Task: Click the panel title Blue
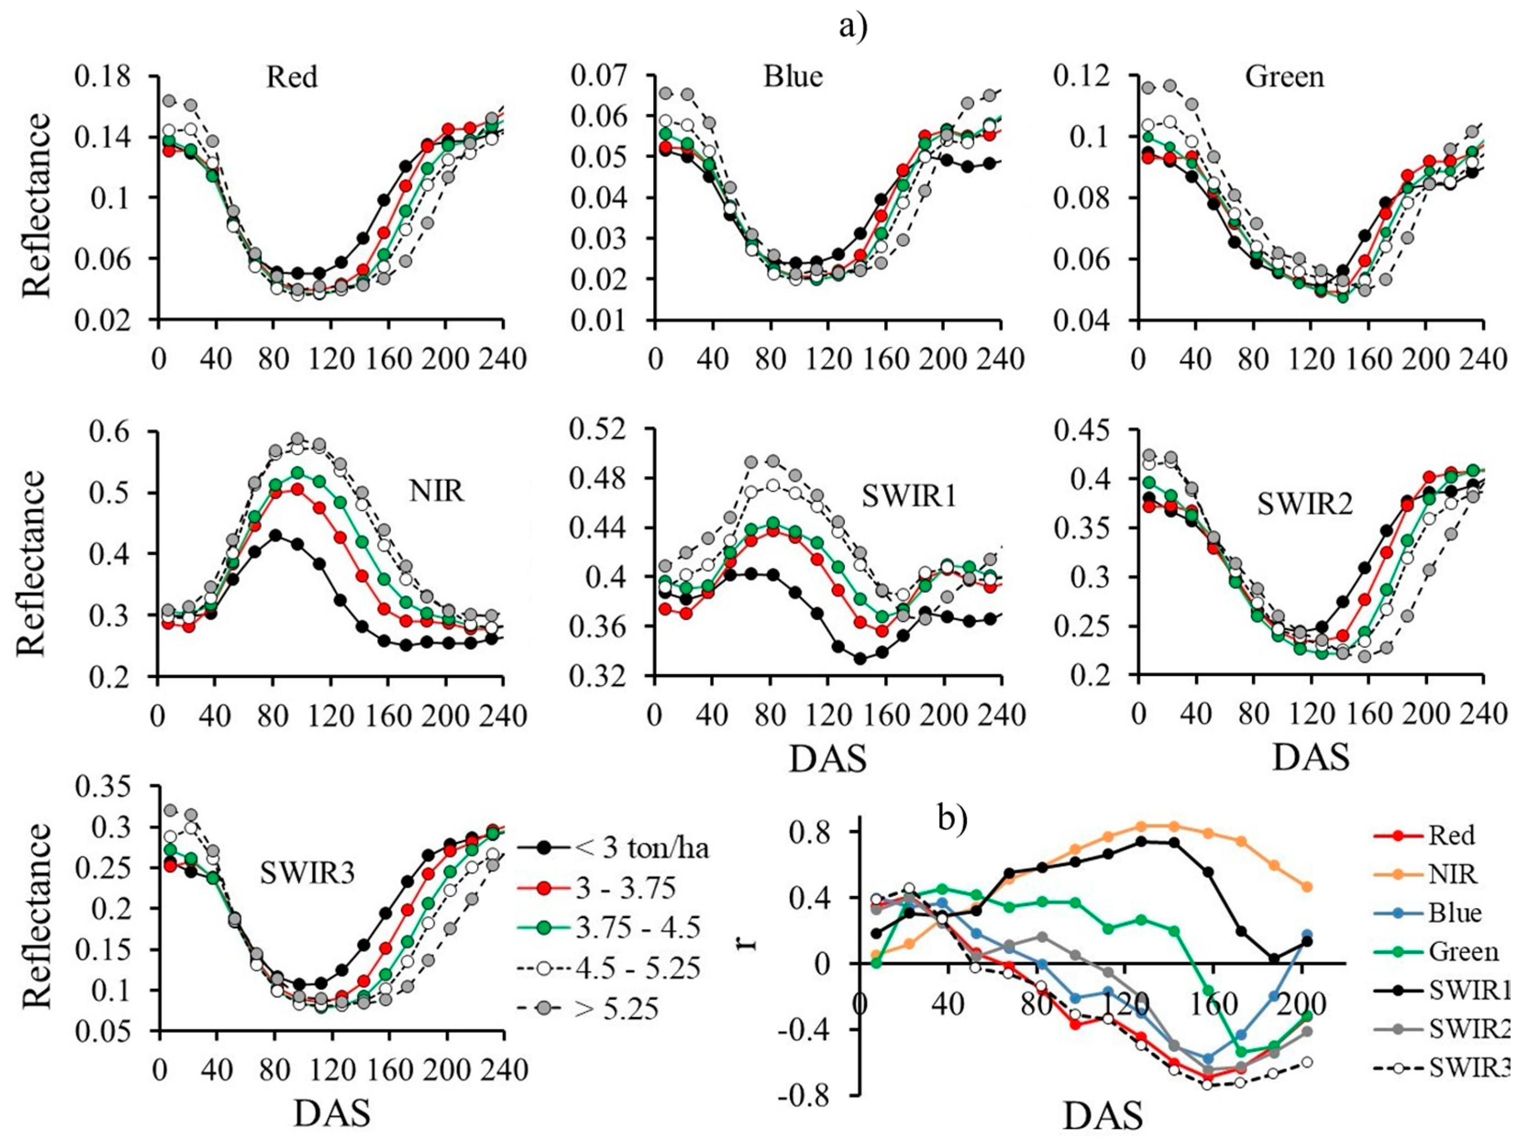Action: [x=793, y=76]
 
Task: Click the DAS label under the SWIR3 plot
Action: [x=332, y=1114]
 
